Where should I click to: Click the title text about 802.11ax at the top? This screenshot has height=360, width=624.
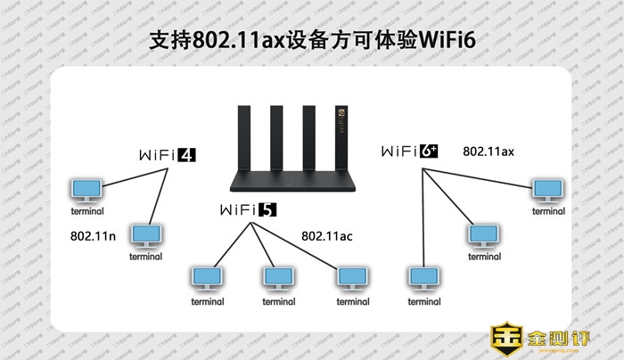click(312, 42)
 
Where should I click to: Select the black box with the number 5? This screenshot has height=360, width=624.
click(267, 210)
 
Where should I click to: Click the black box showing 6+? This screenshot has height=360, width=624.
click(429, 151)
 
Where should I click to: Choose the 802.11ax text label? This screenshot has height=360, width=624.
click(488, 151)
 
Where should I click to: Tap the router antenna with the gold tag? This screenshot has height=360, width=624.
click(339, 134)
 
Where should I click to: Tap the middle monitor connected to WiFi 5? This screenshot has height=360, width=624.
click(278, 278)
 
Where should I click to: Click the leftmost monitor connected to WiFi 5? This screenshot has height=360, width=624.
click(207, 278)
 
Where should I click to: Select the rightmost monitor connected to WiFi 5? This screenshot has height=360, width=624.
click(352, 278)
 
